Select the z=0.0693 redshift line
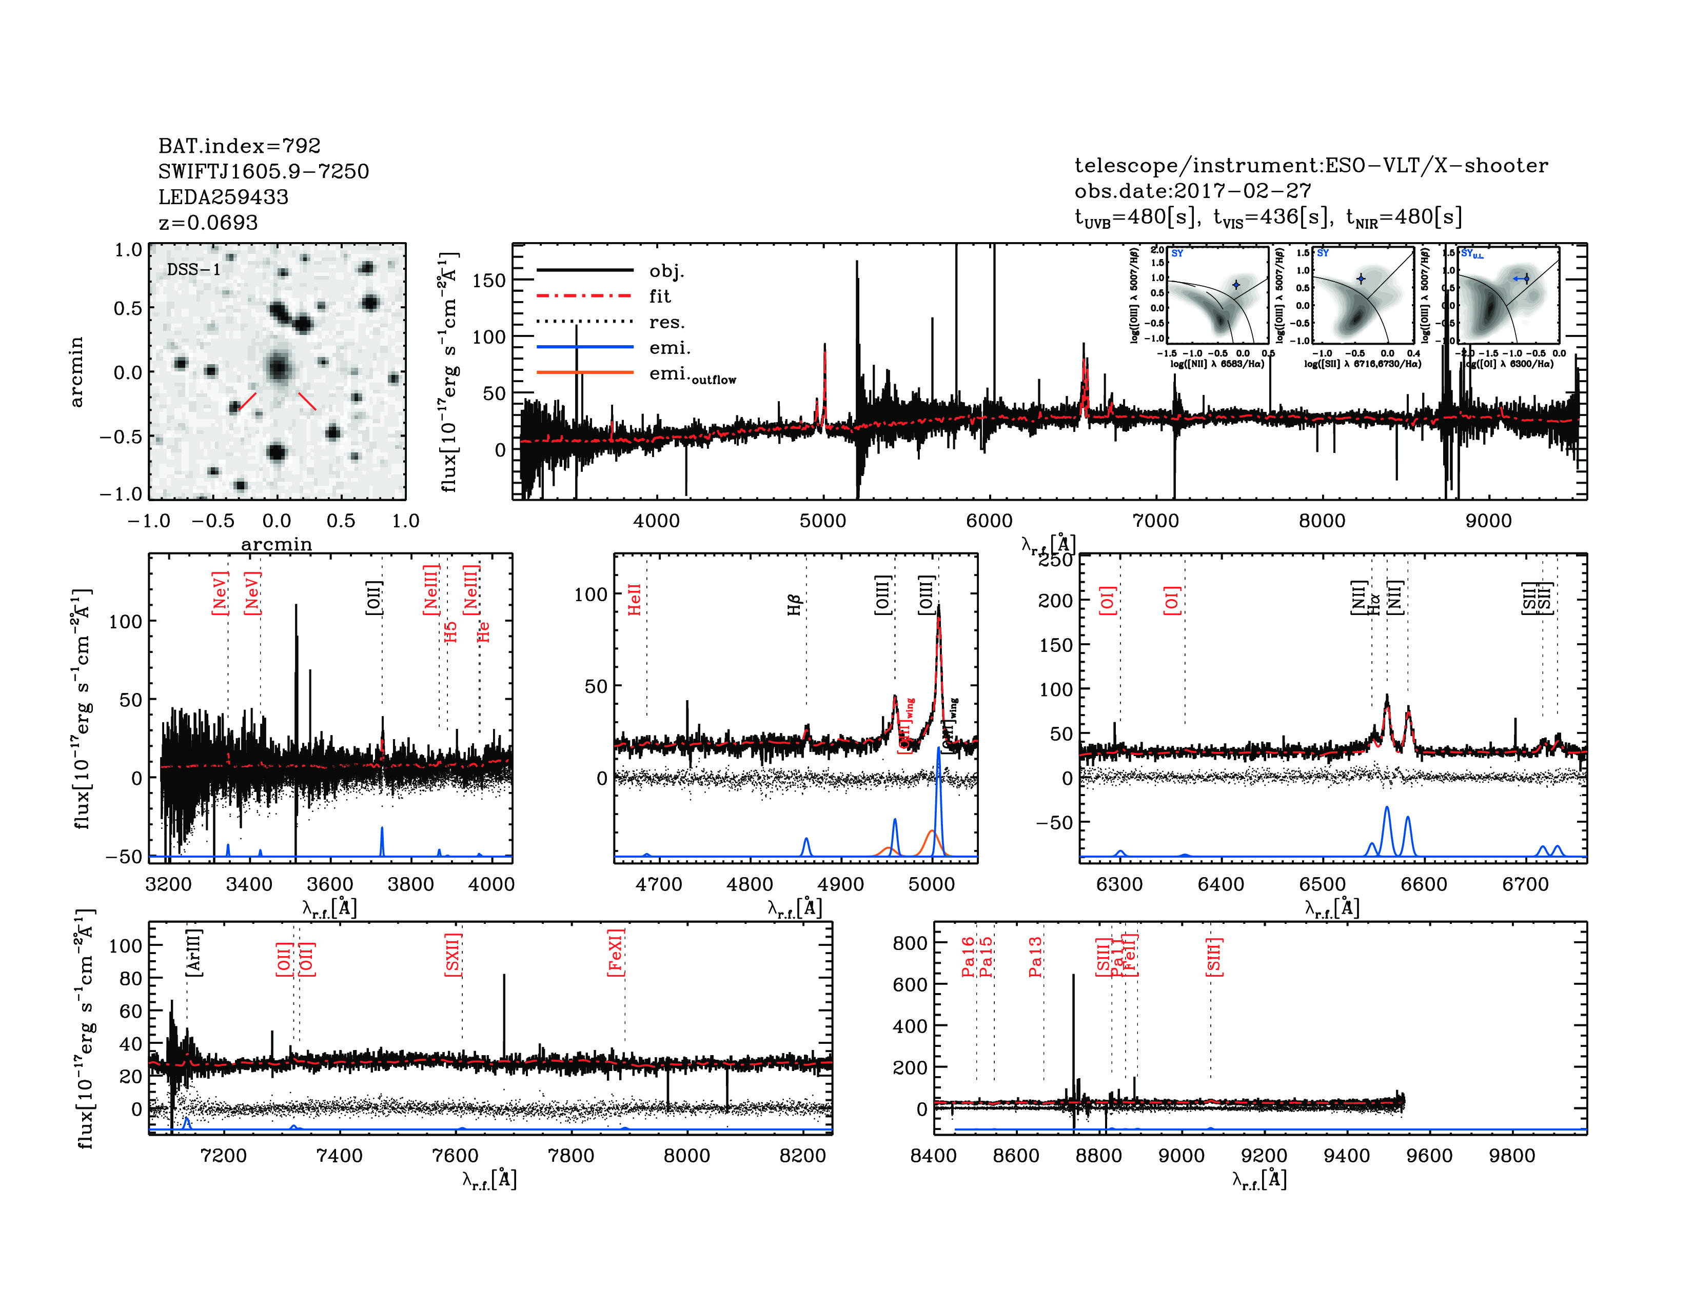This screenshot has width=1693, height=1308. [208, 223]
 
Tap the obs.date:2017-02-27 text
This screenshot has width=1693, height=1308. [1192, 191]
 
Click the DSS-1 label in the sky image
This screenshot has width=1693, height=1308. [194, 270]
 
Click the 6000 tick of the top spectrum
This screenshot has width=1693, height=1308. [989, 521]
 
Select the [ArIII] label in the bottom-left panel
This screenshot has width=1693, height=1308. [194, 952]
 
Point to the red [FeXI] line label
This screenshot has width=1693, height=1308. [616, 953]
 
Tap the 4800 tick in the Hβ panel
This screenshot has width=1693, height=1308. [750, 885]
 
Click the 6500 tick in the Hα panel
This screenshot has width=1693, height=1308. [1323, 885]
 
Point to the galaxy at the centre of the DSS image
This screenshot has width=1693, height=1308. [278, 367]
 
